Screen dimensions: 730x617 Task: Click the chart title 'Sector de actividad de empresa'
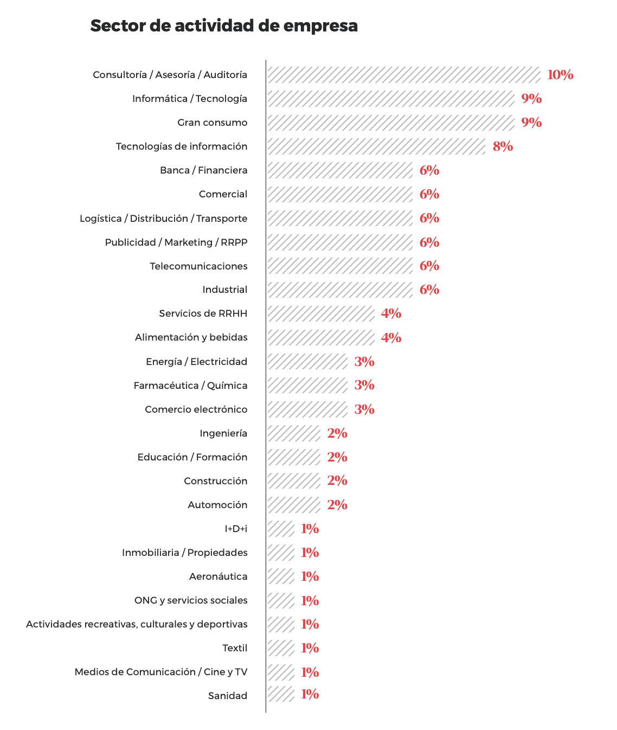tap(223, 25)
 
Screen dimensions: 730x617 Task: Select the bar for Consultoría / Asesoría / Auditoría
tap(403, 75)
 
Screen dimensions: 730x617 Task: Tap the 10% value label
tap(560, 75)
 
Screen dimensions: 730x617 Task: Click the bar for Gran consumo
tap(390, 123)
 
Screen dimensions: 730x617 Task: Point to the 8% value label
tap(503, 146)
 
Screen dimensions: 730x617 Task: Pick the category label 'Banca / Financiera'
tap(203, 170)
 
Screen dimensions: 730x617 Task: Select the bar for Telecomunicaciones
tap(339, 266)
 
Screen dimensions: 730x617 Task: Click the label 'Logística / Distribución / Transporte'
tap(163, 219)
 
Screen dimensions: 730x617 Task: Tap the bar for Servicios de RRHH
tap(320, 313)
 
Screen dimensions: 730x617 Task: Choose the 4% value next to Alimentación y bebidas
tap(391, 337)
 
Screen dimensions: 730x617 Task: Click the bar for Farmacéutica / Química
tap(307, 385)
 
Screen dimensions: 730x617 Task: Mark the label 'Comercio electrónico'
tap(196, 409)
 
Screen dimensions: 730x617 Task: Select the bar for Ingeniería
tap(293, 433)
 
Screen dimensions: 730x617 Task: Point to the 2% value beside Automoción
tap(337, 505)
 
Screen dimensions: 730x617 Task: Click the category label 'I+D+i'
tap(236, 529)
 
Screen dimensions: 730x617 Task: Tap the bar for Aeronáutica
tap(280, 577)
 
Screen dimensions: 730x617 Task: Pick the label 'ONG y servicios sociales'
tap(191, 600)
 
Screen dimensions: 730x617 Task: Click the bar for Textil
tap(280, 648)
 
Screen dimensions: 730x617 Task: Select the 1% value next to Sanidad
tap(310, 694)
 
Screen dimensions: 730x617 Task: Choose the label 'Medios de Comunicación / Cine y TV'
tap(161, 672)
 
